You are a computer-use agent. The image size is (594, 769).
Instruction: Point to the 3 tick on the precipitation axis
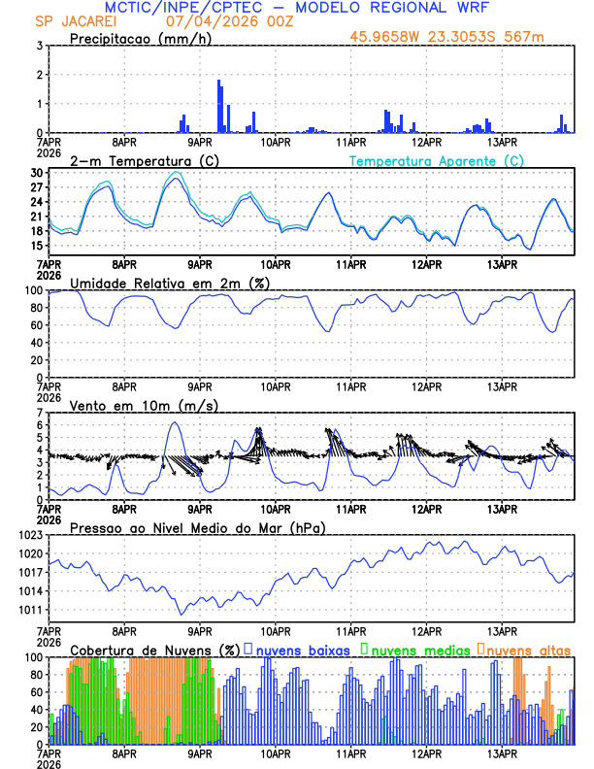click(39, 46)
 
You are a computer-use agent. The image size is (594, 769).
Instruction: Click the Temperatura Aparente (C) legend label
click(436, 160)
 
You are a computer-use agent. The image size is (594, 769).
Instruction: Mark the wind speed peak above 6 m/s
click(174, 422)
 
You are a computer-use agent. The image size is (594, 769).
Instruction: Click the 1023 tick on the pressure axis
click(29, 535)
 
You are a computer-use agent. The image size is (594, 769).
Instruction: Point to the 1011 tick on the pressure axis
click(29, 610)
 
